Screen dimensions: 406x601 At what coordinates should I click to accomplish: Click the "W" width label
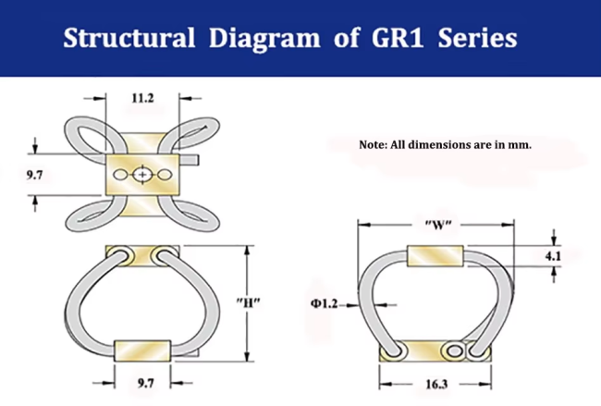(x=435, y=224)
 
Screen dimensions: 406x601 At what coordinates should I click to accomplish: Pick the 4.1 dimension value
(x=554, y=257)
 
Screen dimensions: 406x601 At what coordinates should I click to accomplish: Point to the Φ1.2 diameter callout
(x=326, y=303)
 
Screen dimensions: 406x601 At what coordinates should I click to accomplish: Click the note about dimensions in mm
(x=445, y=145)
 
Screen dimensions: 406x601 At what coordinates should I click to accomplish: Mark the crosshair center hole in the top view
(x=141, y=174)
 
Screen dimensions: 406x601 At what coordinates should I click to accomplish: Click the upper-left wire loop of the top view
(x=84, y=136)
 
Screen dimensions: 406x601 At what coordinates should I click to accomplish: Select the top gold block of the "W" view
(x=435, y=256)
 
